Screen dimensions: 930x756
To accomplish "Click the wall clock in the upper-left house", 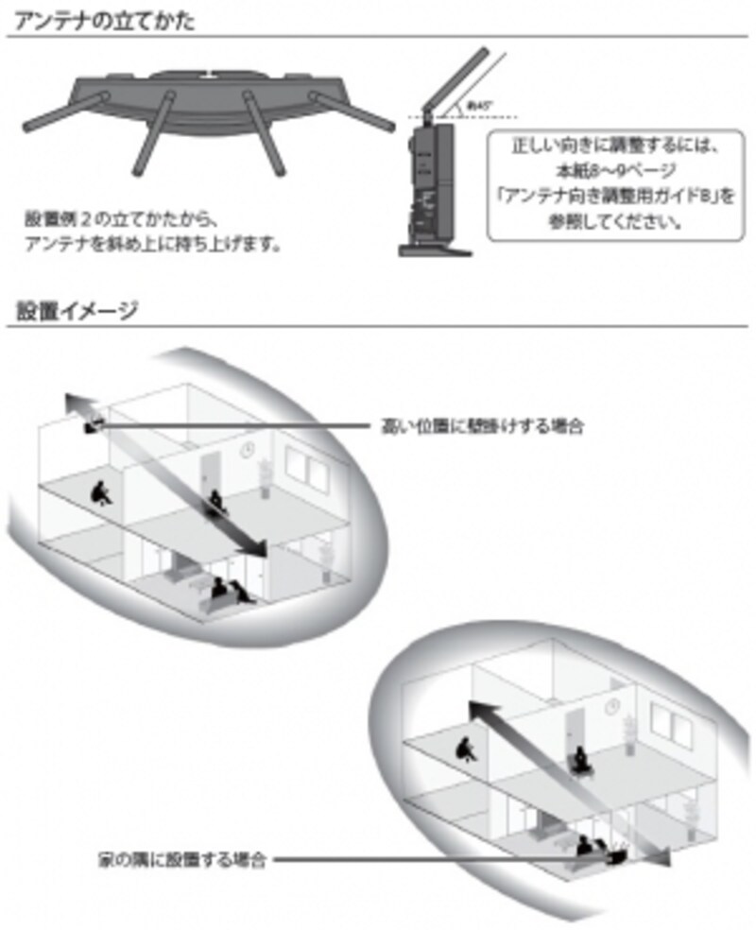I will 247,450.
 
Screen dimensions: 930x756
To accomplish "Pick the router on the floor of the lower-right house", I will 616,856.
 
